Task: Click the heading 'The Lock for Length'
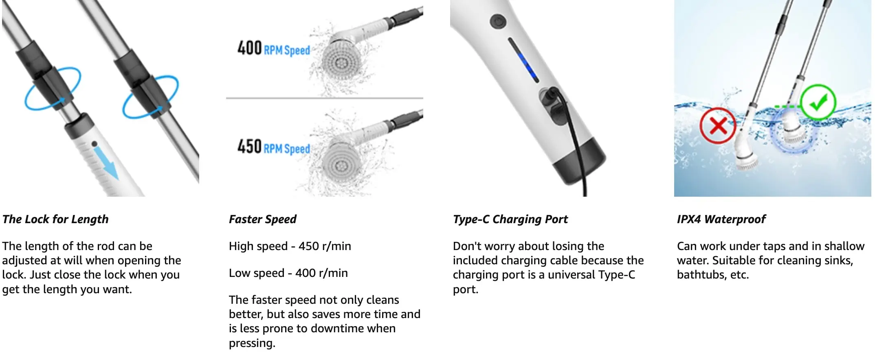tap(55, 220)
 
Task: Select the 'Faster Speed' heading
tap(263, 220)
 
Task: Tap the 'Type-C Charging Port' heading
tap(510, 220)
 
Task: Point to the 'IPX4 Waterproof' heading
tap(721, 220)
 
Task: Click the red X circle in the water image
tap(718, 126)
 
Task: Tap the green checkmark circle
tap(818, 102)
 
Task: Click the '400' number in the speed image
tap(249, 48)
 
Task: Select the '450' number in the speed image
tap(249, 146)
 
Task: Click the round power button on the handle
tap(497, 21)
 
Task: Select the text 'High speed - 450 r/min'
tap(290, 246)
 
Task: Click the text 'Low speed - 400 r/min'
tap(288, 273)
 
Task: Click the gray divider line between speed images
tap(325, 98)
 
